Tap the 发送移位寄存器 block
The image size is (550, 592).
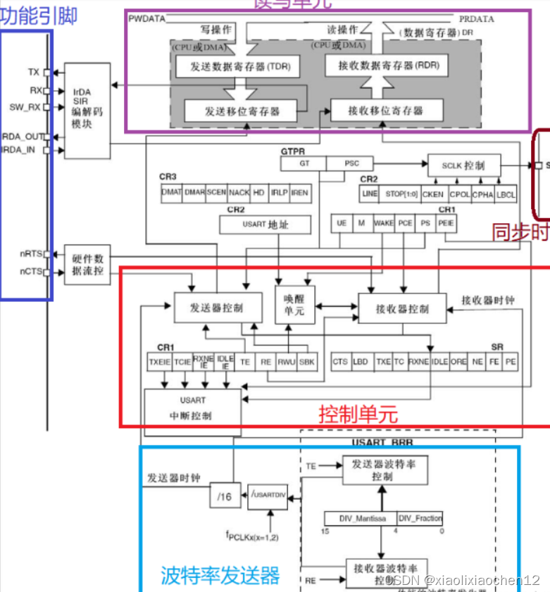coord(242,111)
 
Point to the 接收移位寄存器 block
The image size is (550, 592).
coord(386,111)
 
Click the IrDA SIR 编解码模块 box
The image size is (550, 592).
coord(87,111)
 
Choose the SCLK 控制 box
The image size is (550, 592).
coord(464,165)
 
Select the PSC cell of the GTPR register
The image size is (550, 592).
coord(351,163)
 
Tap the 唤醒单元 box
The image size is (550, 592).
coord(294,305)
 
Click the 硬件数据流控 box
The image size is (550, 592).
coord(87,264)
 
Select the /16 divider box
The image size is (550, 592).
coord(225,496)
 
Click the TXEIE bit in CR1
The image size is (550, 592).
coord(159,361)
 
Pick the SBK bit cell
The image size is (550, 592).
coord(307,361)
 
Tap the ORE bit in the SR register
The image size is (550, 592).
coord(458,361)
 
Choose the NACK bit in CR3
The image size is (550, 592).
coord(239,192)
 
